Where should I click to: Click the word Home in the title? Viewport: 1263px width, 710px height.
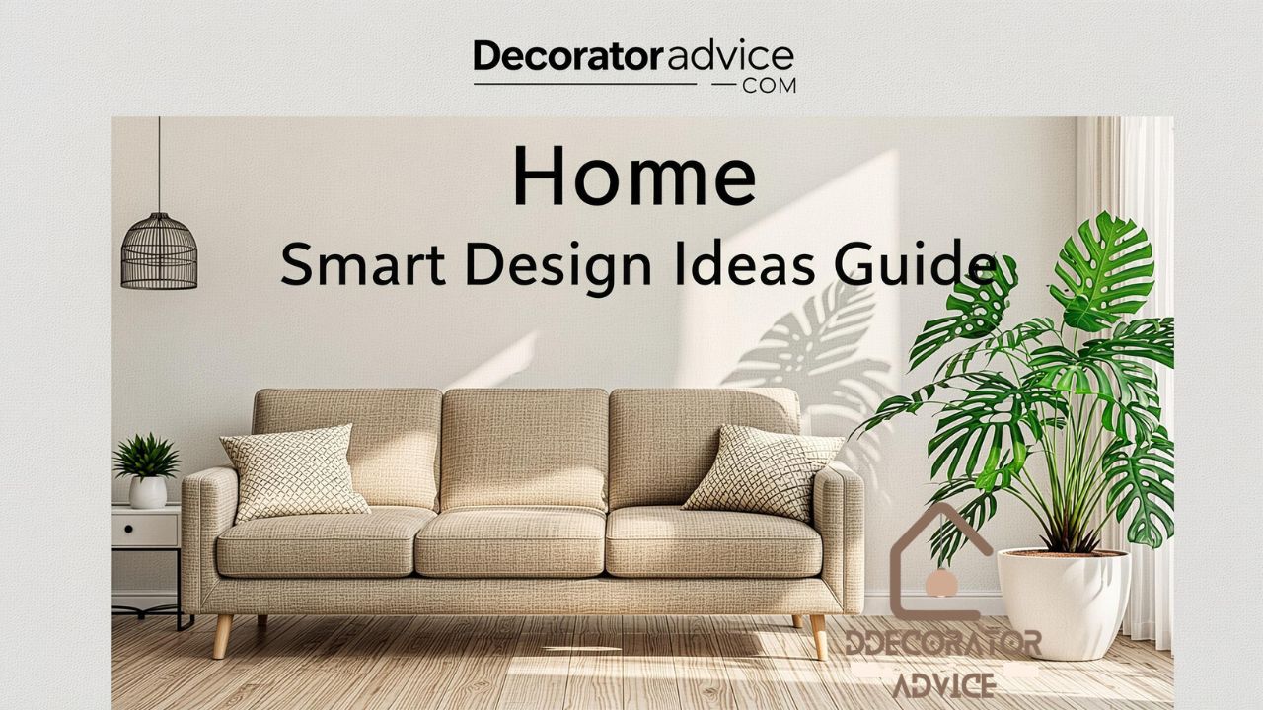coord(633,176)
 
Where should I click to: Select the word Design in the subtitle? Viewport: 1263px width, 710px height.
coord(559,264)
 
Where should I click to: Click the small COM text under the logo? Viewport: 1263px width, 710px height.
coord(769,86)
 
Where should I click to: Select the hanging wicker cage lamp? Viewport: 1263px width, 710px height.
coord(159,250)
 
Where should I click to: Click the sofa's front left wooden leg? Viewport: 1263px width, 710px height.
coord(222,636)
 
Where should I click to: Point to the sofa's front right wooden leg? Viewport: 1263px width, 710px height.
coord(818,636)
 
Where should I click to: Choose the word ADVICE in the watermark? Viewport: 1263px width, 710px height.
coord(943,684)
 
